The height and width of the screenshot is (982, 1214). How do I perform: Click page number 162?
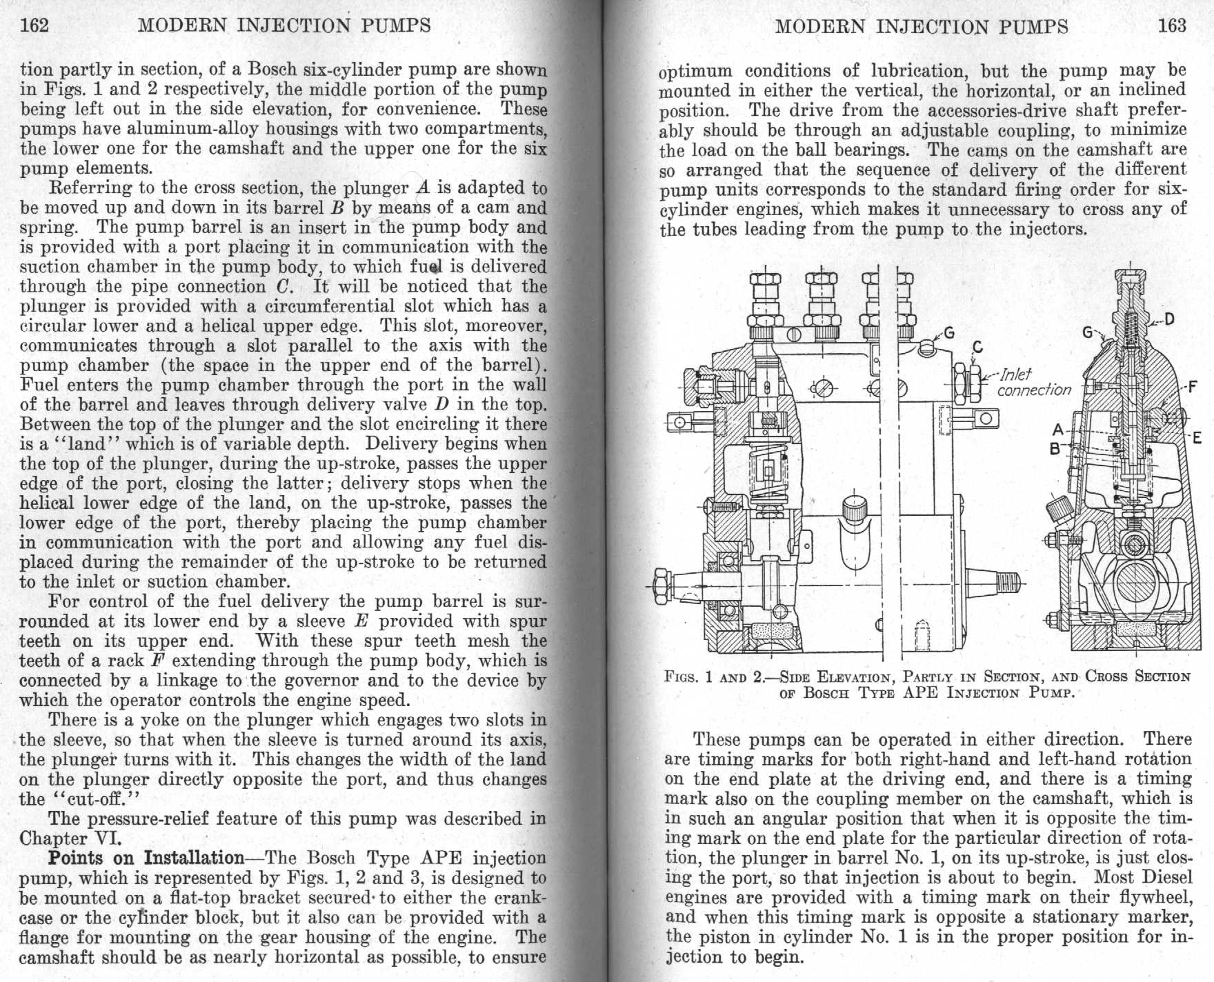34,26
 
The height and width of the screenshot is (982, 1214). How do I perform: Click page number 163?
1172,26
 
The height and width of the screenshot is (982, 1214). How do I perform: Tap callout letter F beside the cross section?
1191,386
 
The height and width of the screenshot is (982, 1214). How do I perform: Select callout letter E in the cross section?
1196,437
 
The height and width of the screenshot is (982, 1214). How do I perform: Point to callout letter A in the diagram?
1058,430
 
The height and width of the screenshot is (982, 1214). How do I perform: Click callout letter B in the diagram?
1055,448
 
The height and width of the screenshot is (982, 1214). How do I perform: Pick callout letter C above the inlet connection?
977,347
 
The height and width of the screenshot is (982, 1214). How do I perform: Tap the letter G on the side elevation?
949,334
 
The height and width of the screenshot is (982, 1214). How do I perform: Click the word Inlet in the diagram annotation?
1016,374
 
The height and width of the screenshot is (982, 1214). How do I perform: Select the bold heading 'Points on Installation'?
146,858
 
